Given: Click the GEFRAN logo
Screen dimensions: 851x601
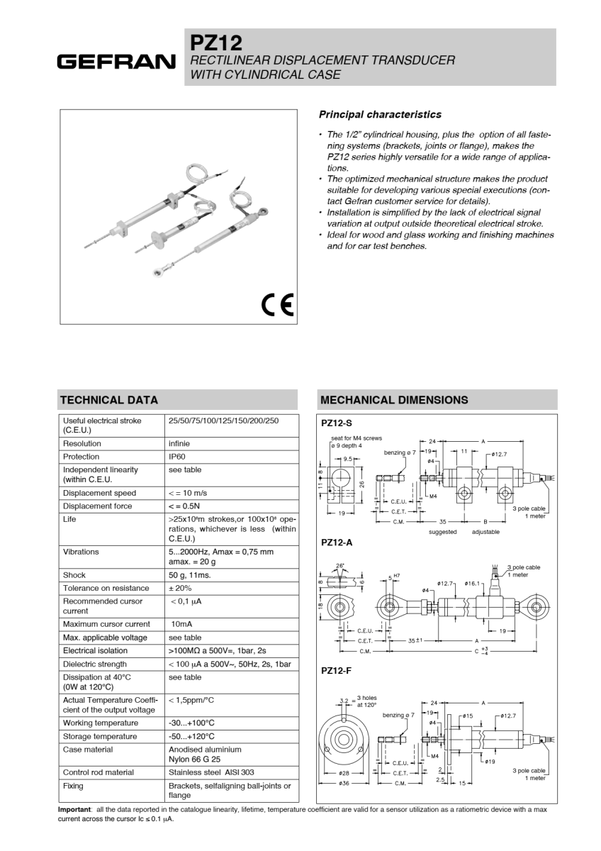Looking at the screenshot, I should tap(116, 61).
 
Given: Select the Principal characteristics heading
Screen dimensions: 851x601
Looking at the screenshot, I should tap(380, 114).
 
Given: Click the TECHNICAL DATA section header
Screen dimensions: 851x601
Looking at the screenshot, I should tap(108, 400).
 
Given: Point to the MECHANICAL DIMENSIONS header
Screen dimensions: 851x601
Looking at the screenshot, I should tap(394, 400).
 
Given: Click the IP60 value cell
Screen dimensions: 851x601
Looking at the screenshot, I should tap(179, 457).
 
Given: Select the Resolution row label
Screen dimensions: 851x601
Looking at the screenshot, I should tap(82, 443).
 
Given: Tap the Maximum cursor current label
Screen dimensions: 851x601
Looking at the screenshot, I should tap(106, 624).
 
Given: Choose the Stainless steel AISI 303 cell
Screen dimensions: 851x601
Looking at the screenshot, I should tap(210, 772).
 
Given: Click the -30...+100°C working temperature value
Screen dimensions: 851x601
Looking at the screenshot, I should tap(191, 723).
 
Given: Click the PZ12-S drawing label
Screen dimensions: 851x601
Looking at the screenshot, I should tap(337, 423).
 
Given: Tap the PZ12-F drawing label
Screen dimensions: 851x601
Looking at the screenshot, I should tap(337, 670).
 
